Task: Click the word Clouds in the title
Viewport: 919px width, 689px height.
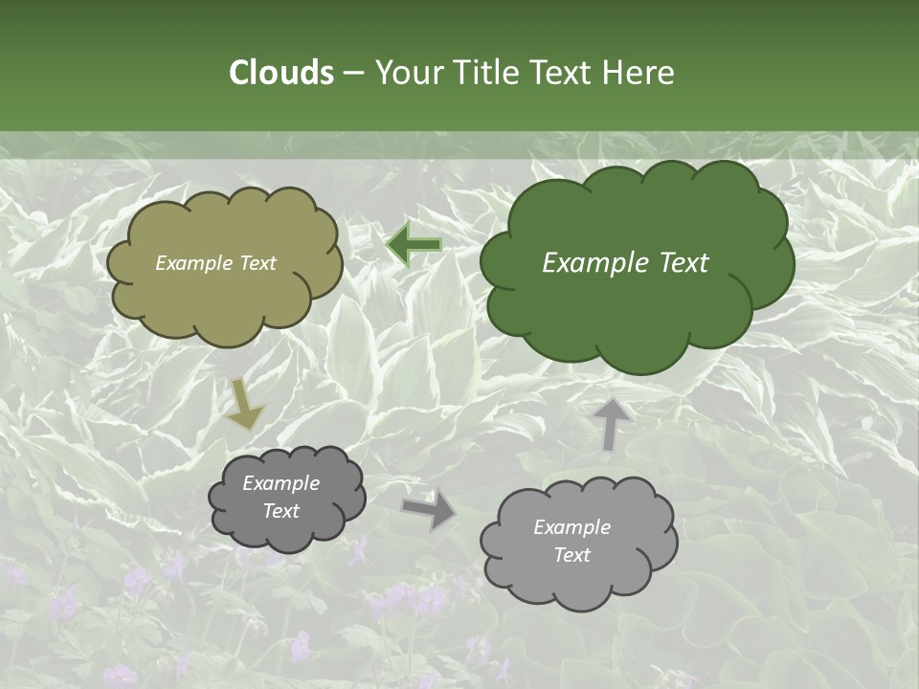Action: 280,73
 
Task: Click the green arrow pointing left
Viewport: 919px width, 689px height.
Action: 415,245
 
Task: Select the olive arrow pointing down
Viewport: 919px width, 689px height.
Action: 244,405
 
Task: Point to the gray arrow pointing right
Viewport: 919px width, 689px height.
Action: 429,510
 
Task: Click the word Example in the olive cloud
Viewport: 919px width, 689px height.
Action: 191,263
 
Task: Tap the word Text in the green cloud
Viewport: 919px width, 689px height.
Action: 682,263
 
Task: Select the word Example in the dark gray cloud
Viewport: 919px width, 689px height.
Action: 280,483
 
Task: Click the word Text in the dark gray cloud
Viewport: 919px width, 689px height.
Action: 280,511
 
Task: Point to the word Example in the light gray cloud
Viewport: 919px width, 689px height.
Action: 572,527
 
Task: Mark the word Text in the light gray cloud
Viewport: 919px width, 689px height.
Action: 572,555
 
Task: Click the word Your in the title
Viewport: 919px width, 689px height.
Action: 404,73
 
